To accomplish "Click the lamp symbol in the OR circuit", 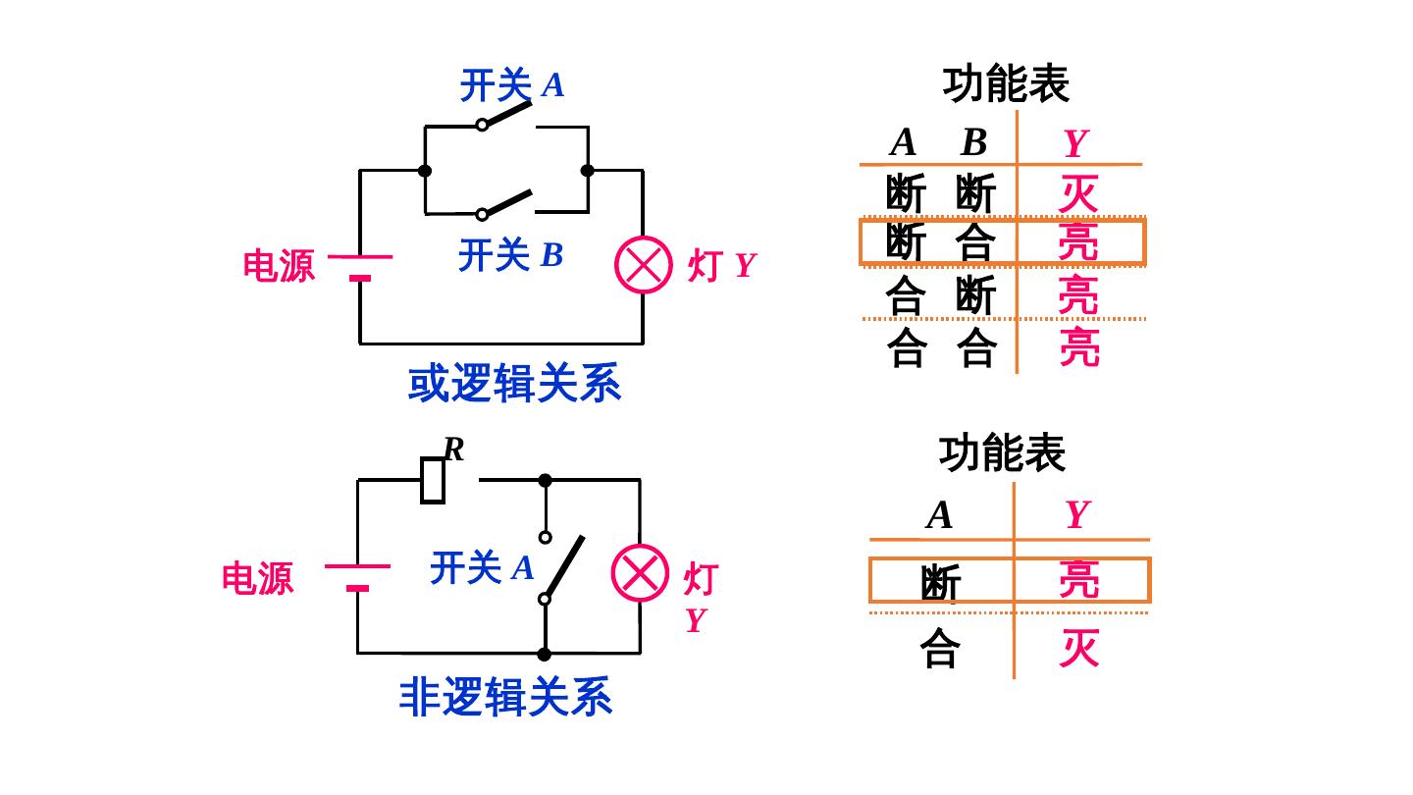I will click(643, 265).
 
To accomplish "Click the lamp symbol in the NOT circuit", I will click(640, 573).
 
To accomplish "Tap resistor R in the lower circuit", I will click(433, 481).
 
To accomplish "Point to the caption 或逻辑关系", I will click(514, 384).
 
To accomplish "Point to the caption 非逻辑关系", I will click(506, 697).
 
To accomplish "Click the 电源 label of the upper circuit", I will click(280, 266).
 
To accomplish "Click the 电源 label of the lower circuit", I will click(257, 578).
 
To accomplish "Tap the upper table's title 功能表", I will click(1006, 85).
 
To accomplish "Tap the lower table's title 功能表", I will click(1002, 453).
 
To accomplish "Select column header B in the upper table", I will click(973, 143).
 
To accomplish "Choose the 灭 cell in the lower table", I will click(1078, 649).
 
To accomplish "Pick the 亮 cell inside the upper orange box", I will click(1078, 242).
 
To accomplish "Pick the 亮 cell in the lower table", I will click(1078, 580).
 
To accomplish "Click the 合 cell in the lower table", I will click(940, 649).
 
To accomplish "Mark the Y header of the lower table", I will click(1077, 515).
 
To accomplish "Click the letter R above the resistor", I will click(453, 450).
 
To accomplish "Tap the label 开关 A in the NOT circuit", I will click(482, 568).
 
